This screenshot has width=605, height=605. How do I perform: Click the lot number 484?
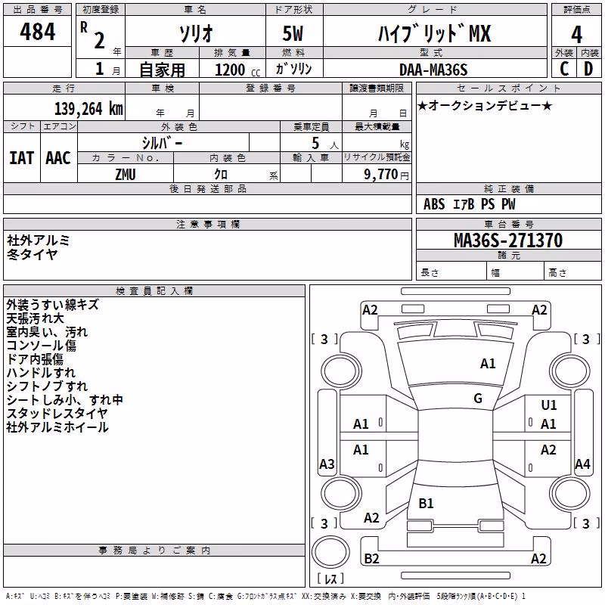[x=37, y=31]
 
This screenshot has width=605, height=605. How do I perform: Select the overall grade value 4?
[x=576, y=34]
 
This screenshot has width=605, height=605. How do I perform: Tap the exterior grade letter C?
[x=564, y=69]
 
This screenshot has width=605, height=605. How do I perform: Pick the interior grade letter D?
[x=588, y=69]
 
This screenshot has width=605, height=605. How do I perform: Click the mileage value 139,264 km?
[x=88, y=109]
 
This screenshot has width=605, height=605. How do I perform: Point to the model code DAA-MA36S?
[x=433, y=70]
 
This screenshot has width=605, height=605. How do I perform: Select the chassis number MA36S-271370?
[x=508, y=240]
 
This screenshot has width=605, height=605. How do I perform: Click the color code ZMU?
[x=126, y=175]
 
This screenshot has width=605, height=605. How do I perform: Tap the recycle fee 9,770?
[x=380, y=175]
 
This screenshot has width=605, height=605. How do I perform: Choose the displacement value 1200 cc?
[x=237, y=70]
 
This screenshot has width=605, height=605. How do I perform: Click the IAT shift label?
[x=21, y=158]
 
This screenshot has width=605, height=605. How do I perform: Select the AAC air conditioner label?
[x=58, y=158]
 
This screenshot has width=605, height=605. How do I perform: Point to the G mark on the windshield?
[x=478, y=399]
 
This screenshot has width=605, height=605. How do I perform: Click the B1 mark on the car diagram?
[x=426, y=503]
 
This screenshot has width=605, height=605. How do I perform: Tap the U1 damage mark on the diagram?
[x=549, y=405]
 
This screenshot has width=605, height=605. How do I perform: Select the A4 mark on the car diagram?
[x=582, y=464]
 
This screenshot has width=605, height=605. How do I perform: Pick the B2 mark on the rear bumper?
[x=371, y=558]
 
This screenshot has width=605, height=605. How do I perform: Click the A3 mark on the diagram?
[x=327, y=464]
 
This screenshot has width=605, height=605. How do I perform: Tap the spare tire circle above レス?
[x=330, y=552]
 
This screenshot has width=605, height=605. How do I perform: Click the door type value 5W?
[x=293, y=33]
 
